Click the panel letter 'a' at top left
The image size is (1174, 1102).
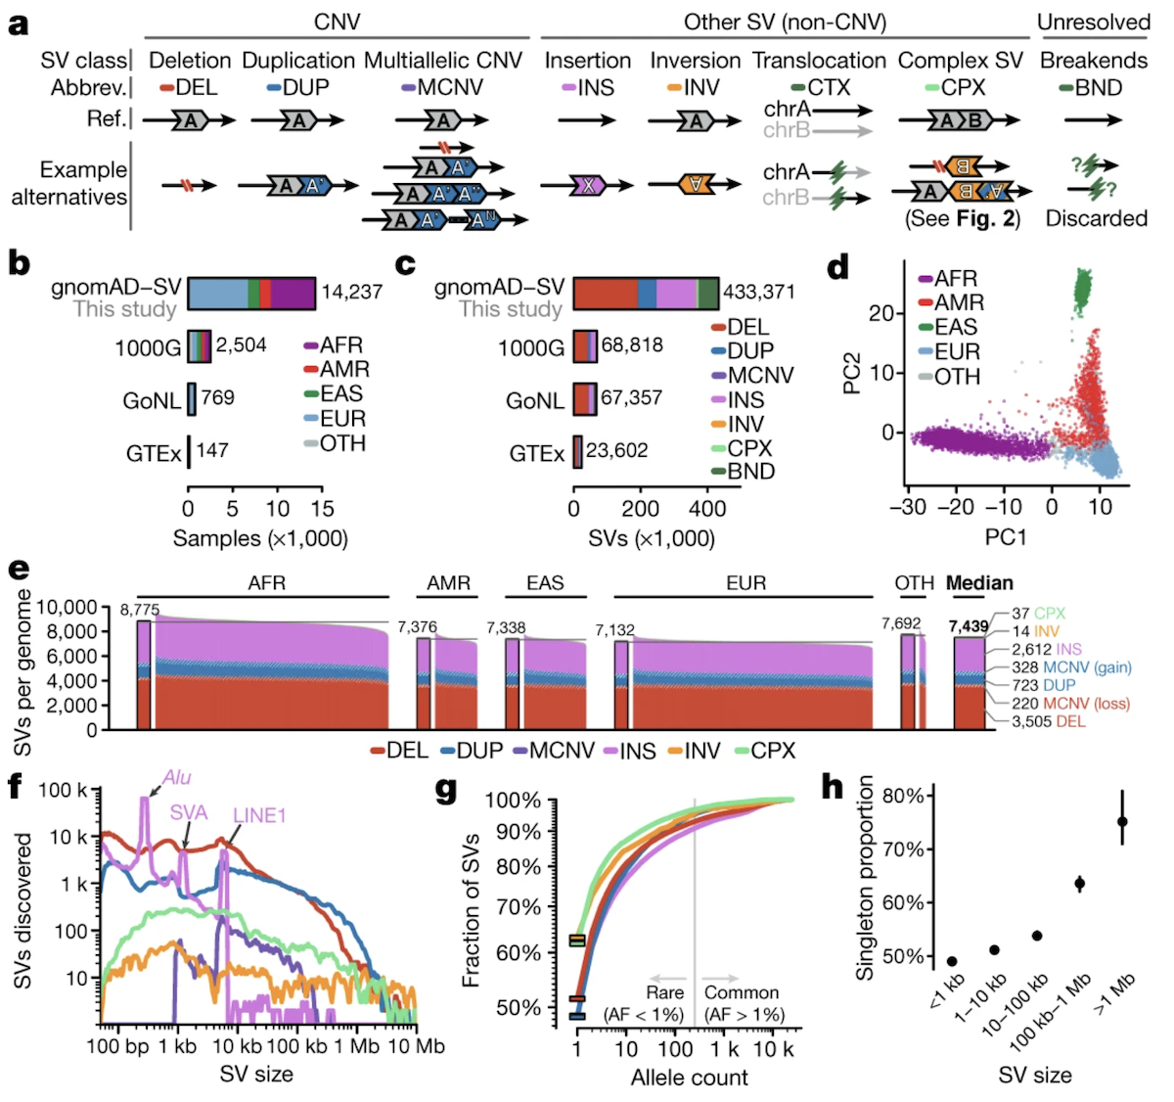18,23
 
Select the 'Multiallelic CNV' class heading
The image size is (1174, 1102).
443,61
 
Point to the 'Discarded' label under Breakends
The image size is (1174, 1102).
1096,218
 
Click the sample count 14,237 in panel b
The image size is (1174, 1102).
352,292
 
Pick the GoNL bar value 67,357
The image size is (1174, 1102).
631,398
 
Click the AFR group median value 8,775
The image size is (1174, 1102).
139,610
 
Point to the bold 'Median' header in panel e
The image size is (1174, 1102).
979,583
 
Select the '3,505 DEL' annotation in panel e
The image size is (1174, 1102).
1048,721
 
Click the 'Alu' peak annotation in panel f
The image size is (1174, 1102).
177,778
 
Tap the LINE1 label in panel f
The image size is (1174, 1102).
259,815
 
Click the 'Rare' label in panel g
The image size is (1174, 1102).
664,992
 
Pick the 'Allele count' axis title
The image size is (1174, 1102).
689,1078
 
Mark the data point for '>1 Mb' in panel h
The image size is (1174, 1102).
1123,822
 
